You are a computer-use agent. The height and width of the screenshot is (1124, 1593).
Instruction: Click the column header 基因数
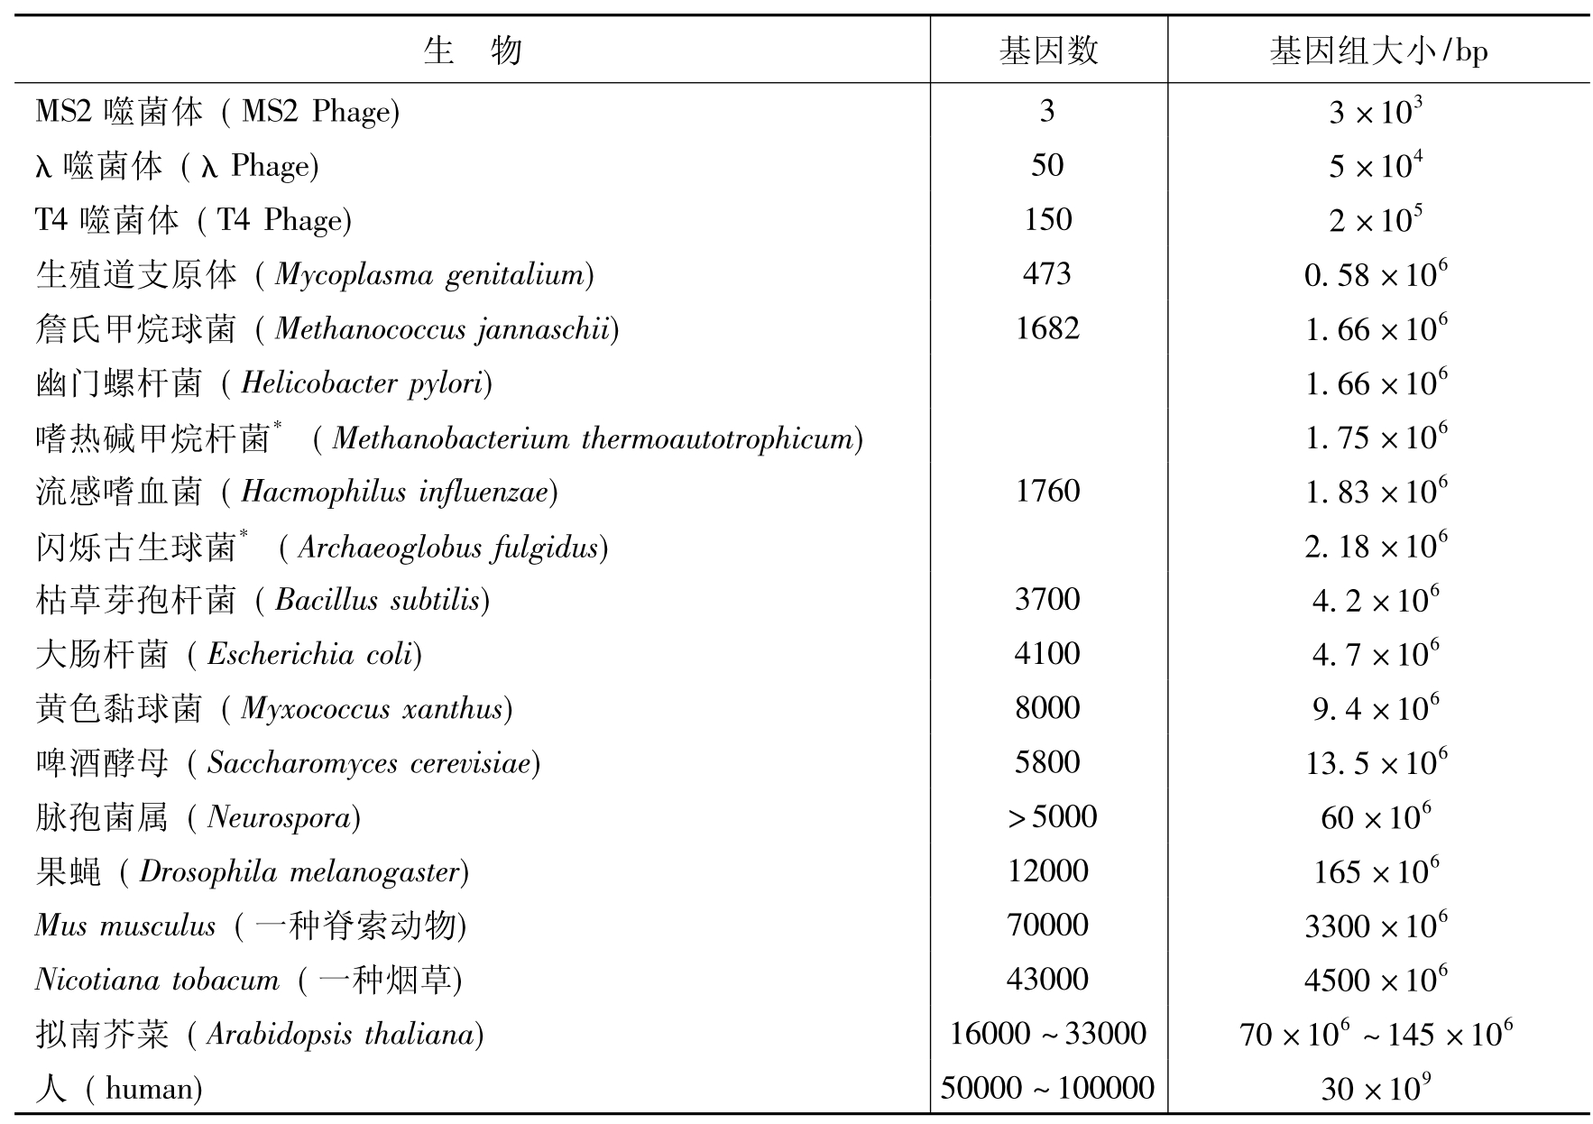tap(1048, 51)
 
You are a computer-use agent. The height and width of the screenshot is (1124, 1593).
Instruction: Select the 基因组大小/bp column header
tap(1377, 51)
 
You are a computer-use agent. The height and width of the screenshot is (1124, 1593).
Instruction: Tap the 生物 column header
tap(472, 51)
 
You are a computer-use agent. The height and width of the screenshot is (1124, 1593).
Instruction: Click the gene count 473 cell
tap(1046, 273)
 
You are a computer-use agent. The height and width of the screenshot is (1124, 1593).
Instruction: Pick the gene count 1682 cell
tap(1046, 327)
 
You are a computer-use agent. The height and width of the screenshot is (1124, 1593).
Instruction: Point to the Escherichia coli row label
tap(228, 654)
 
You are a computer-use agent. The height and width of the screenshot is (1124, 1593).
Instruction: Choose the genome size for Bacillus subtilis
tap(1376, 600)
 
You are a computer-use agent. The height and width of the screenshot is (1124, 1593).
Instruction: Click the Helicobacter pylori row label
tap(263, 383)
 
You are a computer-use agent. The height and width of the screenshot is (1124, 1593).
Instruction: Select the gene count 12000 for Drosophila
tap(1046, 871)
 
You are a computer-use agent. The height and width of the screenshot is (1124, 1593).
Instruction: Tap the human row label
tap(118, 1088)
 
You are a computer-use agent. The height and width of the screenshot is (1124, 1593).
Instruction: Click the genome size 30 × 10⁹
tap(1376, 1088)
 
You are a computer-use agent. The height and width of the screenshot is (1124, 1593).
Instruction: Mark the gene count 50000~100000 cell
tap(1046, 1088)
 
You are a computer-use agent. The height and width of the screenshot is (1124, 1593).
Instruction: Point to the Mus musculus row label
tap(250, 926)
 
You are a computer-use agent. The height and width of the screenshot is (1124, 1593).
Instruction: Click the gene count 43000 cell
tap(1046, 979)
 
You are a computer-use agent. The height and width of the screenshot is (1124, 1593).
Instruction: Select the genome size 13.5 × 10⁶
tap(1376, 762)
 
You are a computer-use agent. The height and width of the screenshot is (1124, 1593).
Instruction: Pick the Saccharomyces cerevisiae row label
tap(287, 763)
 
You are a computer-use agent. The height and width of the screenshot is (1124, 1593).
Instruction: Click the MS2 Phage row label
tap(216, 111)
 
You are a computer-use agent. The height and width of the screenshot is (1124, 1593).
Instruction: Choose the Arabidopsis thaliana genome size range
tap(1376, 1034)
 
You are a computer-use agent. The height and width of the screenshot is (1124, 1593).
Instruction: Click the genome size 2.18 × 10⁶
tap(1376, 546)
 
